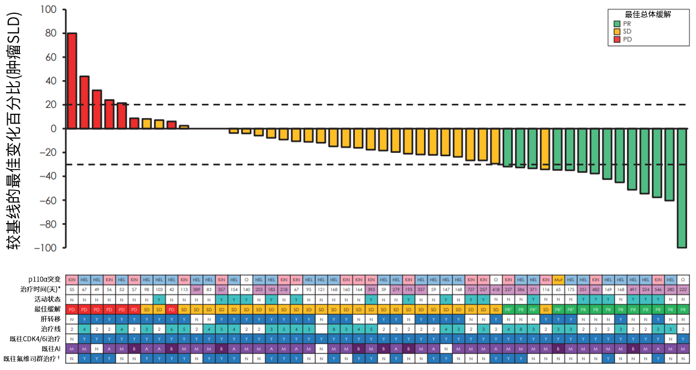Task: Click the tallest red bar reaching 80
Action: [x=72, y=81]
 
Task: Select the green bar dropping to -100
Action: [x=682, y=188]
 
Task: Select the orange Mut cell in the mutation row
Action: [x=558, y=279]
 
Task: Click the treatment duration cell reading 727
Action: [x=470, y=289]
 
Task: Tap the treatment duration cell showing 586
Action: [x=520, y=289]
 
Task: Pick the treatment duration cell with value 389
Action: [x=196, y=289]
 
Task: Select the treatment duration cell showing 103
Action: [x=159, y=289]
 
